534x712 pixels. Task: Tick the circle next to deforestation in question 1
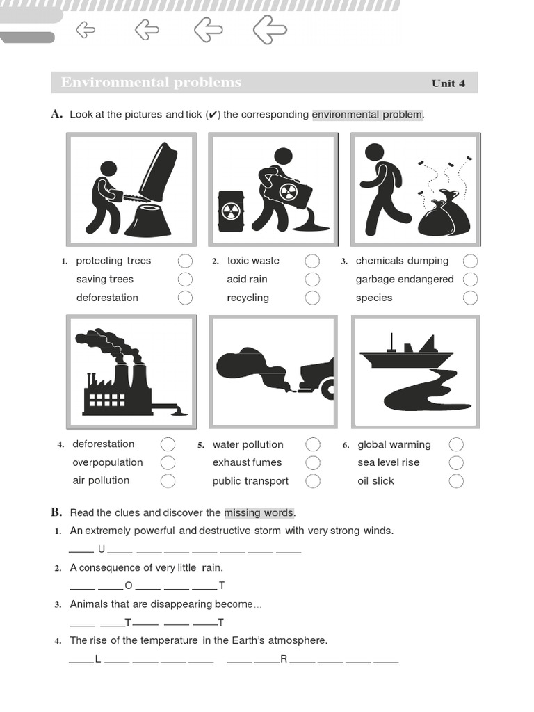click(185, 298)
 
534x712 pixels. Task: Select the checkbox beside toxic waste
click(312, 261)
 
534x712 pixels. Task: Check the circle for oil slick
click(456, 481)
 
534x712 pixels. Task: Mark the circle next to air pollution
click(168, 481)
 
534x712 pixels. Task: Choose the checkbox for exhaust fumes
click(313, 462)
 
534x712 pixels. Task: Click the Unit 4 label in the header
click(448, 83)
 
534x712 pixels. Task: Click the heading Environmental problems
click(151, 82)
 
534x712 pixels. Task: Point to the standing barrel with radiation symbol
click(231, 211)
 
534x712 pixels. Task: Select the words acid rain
click(247, 280)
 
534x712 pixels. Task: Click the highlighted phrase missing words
click(259, 513)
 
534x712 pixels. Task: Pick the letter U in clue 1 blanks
click(102, 549)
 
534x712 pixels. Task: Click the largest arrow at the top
click(270, 30)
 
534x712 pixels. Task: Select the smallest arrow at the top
click(86, 30)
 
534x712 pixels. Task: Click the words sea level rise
click(389, 462)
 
